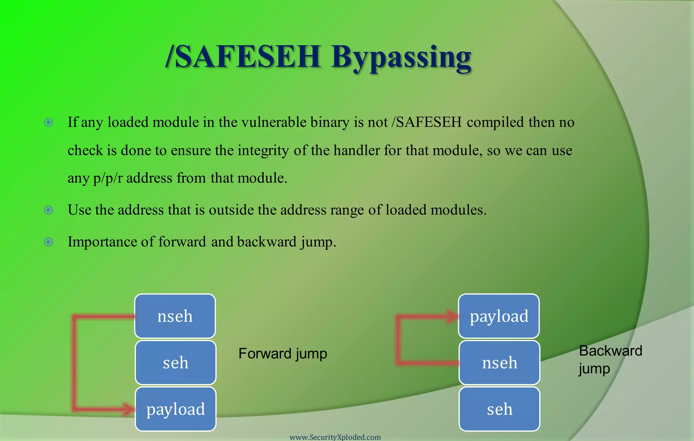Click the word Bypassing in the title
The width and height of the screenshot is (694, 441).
pyautogui.click(x=401, y=58)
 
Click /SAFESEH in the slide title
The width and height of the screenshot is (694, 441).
pyautogui.click(x=243, y=57)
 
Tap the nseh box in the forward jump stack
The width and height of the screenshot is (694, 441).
pyautogui.click(x=175, y=316)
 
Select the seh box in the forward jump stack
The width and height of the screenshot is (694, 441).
pyautogui.click(x=176, y=363)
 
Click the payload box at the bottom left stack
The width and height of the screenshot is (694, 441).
pyautogui.click(x=176, y=409)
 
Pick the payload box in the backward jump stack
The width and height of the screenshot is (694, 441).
pyautogui.click(x=499, y=316)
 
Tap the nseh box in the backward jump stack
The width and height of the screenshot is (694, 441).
pyautogui.click(x=499, y=363)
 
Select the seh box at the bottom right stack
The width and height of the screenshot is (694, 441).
pyautogui.click(x=499, y=409)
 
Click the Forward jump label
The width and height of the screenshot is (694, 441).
pyautogui.click(x=283, y=353)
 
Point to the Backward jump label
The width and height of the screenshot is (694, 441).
pyautogui.click(x=610, y=359)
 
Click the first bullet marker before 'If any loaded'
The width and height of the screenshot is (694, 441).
pyautogui.click(x=49, y=122)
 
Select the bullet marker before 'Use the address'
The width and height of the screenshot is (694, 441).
pyautogui.click(x=49, y=210)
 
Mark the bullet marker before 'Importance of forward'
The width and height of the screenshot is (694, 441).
pyautogui.click(x=49, y=242)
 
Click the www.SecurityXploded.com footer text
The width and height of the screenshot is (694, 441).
pyautogui.click(x=335, y=437)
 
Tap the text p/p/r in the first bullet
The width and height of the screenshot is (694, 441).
pyautogui.click(x=107, y=178)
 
